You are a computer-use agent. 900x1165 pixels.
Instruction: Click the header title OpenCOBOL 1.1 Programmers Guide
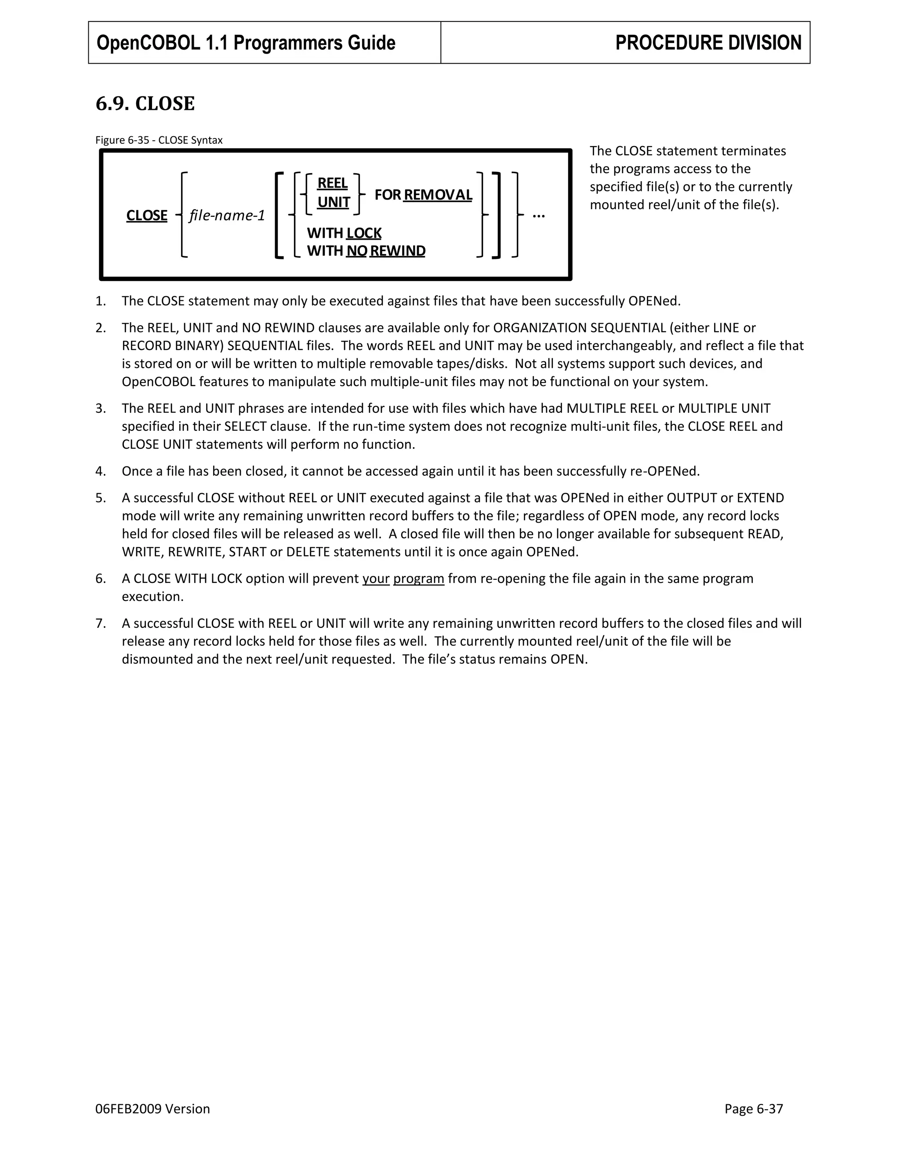246,43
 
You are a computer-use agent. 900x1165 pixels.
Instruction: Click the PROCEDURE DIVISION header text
708,43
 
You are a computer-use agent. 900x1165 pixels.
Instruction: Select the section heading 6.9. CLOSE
145,103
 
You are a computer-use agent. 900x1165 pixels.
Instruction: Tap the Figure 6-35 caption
159,140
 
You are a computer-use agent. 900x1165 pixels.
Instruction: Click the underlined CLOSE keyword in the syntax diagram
147,215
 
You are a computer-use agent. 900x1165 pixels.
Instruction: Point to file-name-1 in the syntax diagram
227,215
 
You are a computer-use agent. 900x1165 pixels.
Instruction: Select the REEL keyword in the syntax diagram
332,183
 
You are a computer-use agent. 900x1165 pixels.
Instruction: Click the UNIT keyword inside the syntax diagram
333,203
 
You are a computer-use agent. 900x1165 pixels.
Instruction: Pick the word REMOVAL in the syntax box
438,195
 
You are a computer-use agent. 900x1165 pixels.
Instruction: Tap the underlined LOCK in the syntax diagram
363,233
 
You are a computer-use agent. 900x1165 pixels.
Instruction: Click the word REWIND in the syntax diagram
397,251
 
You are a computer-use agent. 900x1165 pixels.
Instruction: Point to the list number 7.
100,623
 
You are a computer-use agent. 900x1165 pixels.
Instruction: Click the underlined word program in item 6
418,579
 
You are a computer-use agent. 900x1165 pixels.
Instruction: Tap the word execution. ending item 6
152,597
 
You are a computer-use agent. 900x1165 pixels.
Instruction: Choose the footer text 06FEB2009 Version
152,1109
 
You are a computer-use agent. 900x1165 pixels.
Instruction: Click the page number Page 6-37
753,1109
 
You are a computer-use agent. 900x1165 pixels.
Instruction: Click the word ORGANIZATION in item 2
540,328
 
